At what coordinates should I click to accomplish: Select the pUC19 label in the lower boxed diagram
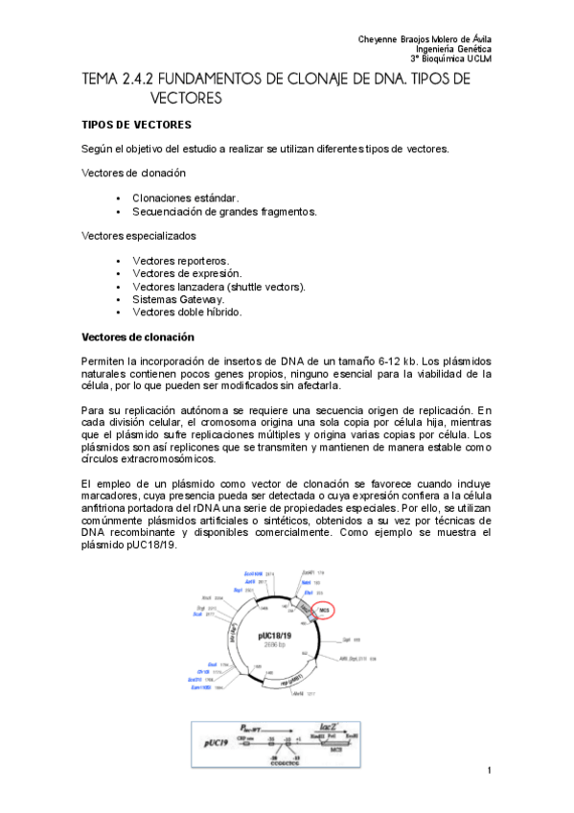tap(217, 743)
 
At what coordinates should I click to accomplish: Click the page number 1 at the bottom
tap(489, 771)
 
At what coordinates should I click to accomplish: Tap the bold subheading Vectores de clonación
tap(138, 337)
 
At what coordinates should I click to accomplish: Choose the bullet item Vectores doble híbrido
tap(187, 312)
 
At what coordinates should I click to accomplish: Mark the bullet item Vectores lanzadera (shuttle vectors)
tap(219, 287)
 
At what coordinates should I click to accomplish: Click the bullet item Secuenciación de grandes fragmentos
tap(224, 211)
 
